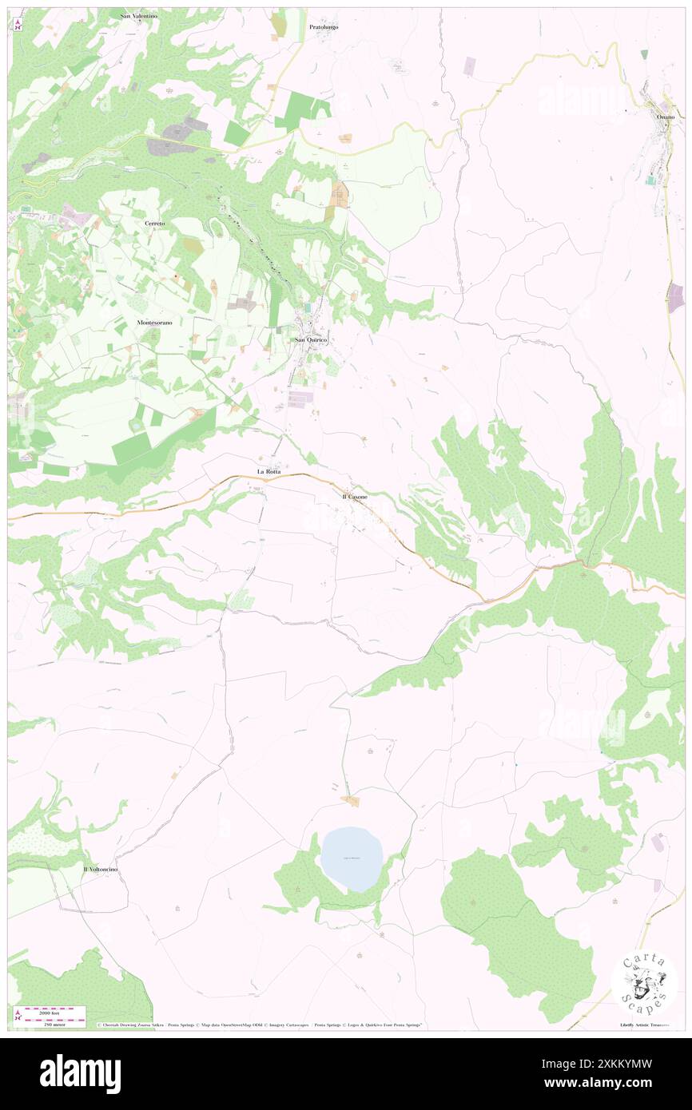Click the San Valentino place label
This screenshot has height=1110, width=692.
(139, 16)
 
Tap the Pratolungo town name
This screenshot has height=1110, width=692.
(324, 26)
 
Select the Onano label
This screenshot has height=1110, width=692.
(666, 117)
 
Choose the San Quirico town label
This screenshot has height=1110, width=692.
(312, 339)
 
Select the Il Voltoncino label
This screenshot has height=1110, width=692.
(101, 868)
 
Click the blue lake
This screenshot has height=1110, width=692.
(352, 859)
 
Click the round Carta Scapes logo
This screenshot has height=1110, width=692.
(644, 984)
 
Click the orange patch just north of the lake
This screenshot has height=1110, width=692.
(349, 800)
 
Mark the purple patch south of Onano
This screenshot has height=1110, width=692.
(676, 297)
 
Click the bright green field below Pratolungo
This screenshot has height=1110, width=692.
(299, 109)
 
